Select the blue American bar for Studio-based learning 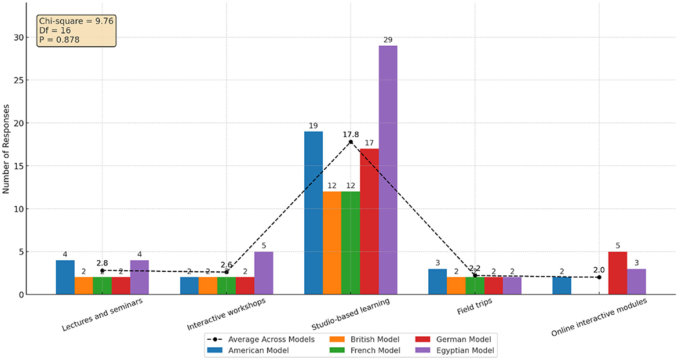314,213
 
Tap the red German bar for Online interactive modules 618,273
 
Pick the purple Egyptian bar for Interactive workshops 264,273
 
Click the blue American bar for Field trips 438,282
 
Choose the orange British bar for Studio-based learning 332,243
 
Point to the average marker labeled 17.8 351,142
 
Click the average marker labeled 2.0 599,277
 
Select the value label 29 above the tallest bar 388,39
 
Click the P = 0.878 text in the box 60,39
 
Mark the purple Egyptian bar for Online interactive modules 636,282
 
